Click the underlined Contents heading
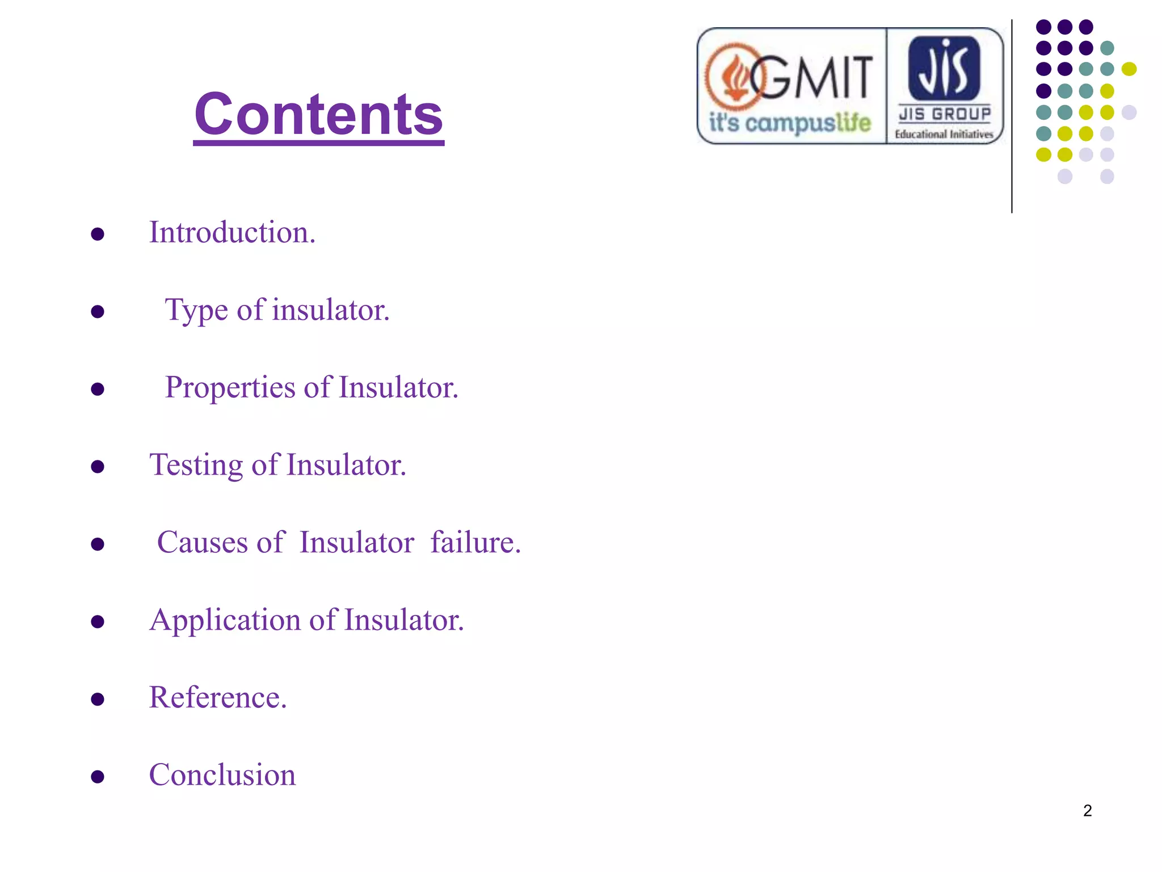(x=318, y=115)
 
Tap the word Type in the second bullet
(x=196, y=311)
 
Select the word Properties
(x=230, y=388)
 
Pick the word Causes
(x=203, y=543)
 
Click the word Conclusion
(x=222, y=775)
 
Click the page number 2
(x=1087, y=811)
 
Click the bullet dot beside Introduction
(x=98, y=234)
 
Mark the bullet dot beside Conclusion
(x=98, y=777)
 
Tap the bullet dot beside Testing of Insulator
(x=98, y=467)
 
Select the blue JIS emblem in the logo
(x=944, y=68)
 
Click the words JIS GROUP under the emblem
(x=945, y=114)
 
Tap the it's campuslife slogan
(x=790, y=123)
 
